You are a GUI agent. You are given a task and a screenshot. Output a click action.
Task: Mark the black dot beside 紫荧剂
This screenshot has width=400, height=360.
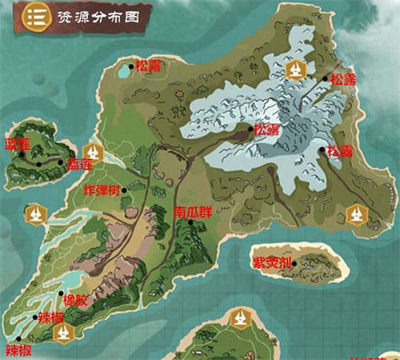[295, 263]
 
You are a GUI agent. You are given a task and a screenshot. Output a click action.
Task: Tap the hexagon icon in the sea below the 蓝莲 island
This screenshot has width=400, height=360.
[37, 214]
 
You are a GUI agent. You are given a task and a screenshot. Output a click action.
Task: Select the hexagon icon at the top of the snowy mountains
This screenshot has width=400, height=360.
[295, 70]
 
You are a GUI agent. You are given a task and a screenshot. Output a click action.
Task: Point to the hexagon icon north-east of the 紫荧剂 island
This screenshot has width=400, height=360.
[356, 214]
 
